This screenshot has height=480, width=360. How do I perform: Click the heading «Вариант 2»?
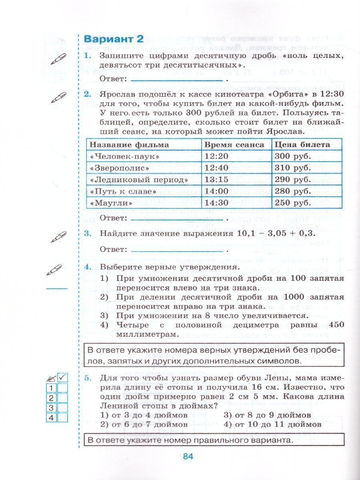coord(113,39)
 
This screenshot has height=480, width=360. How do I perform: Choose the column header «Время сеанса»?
coord(234,144)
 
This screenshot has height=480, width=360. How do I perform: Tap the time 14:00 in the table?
coord(216,191)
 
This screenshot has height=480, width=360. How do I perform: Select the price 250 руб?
coord(291,203)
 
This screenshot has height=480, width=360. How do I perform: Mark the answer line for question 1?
coord(176,79)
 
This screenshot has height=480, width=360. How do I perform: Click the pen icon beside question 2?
coord(59,98)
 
